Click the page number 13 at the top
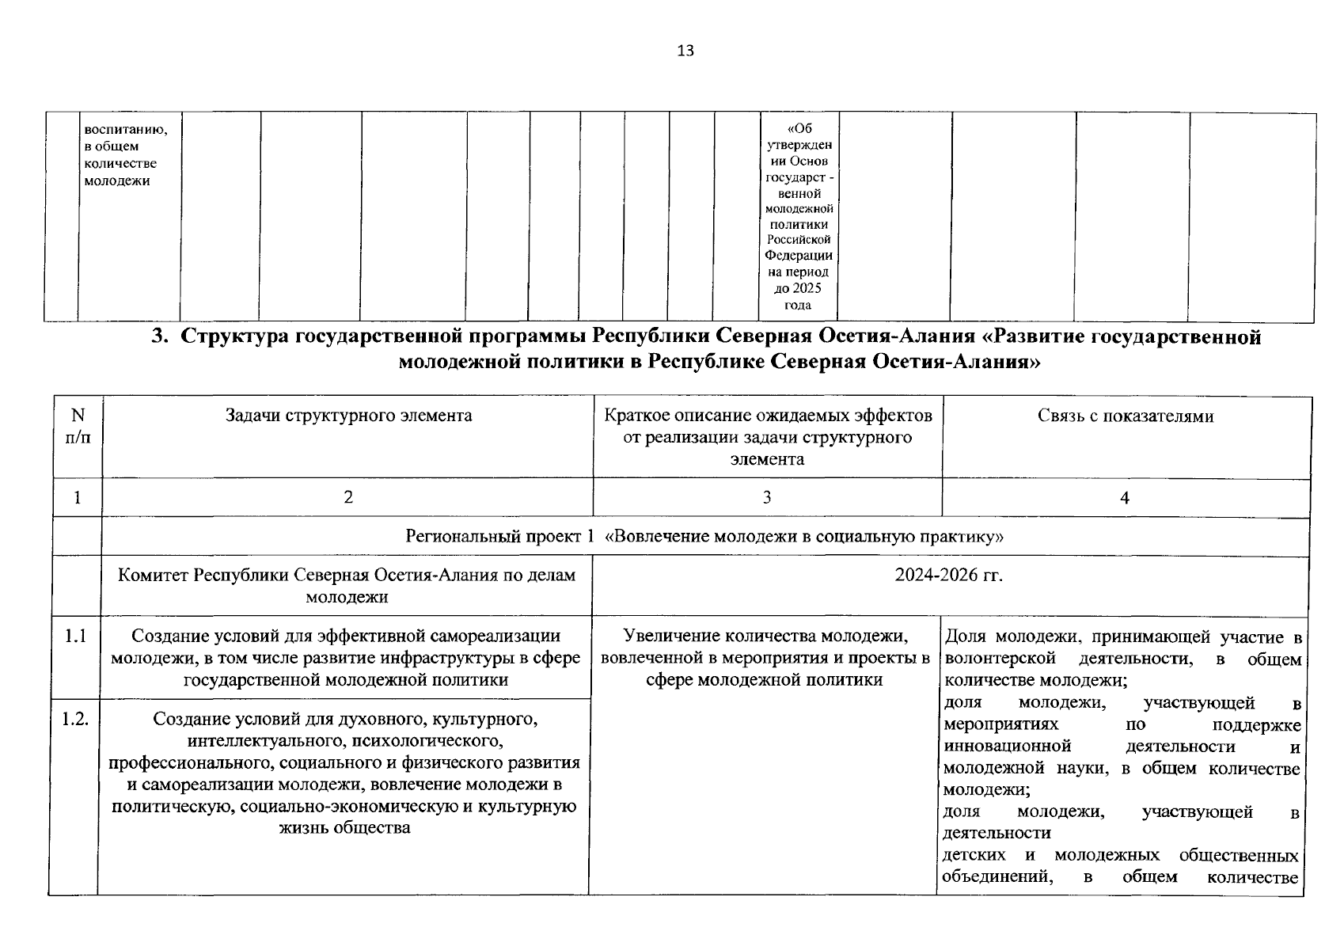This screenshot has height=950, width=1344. [x=685, y=51]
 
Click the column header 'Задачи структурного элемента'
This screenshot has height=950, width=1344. [x=348, y=416]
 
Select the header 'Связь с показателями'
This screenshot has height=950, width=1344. [x=1125, y=416]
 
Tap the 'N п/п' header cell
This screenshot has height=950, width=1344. [x=77, y=426]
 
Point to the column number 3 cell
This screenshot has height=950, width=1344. [x=766, y=498]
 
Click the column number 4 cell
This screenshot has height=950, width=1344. [x=1125, y=498]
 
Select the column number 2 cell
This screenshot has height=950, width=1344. [x=348, y=498]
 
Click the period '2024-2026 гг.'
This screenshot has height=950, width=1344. [x=948, y=576]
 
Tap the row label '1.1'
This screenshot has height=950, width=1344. [x=76, y=636]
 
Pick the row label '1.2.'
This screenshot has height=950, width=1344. [x=76, y=720]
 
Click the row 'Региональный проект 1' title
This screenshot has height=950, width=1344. [x=704, y=538]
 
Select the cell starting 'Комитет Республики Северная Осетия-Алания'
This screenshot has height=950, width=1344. [x=347, y=586]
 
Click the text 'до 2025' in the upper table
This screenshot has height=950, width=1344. [x=798, y=289]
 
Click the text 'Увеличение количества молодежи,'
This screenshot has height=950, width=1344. [x=765, y=636]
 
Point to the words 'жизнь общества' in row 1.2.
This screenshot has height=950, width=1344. [x=345, y=829]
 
